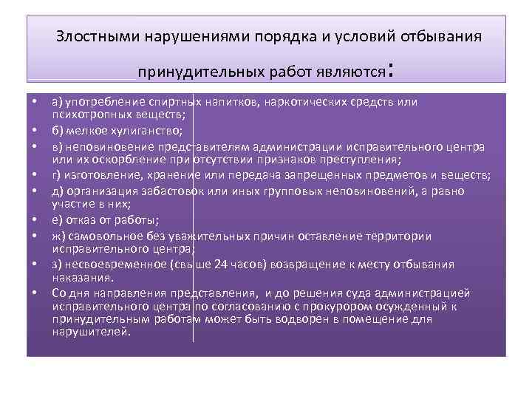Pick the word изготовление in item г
click(99, 174)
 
